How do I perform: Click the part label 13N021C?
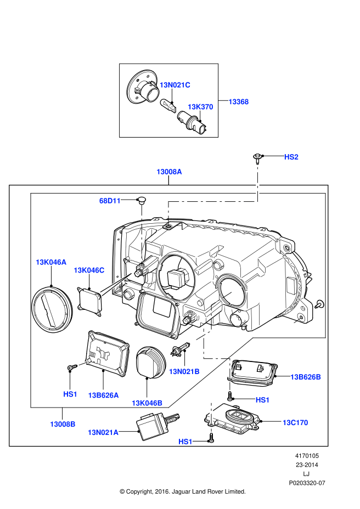[175, 85]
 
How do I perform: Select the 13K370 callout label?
[200, 107]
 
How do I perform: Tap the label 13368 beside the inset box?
[239, 101]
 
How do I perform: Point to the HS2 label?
[291, 157]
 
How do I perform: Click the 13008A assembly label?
[169, 172]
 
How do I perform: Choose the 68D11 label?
[110, 201]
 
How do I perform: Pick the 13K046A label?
[51, 262]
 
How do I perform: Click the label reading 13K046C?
[89, 270]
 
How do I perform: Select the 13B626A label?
[103, 395]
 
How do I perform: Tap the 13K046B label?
[147, 403]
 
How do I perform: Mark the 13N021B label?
[184, 371]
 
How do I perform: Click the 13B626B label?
[306, 377]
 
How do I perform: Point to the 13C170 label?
[295, 422]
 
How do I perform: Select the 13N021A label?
[103, 432]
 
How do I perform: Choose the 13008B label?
[63, 424]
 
